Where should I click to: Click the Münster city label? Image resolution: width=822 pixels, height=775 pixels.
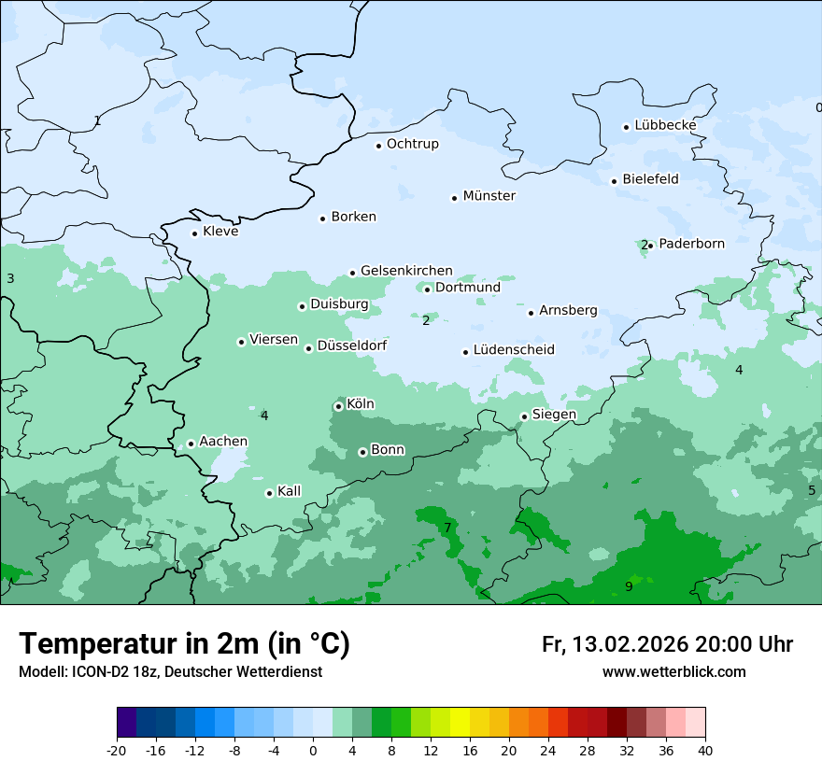tap(489, 196)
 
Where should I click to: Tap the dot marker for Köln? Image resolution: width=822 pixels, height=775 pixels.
tap(338, 406)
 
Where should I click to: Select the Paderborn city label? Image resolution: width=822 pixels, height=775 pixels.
tap(691, 244)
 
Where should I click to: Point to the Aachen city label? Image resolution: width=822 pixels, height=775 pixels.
tap(223, 442)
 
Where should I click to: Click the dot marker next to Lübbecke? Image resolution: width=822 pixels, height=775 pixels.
tap(627, 127)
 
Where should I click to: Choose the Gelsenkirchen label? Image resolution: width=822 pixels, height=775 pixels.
tap(406, 271)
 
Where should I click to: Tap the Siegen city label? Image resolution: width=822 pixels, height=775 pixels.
tap(554, 415)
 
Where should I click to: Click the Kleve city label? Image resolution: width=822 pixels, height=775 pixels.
tap(220, 232)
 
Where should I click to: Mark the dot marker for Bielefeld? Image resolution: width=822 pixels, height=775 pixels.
tap(615, 181)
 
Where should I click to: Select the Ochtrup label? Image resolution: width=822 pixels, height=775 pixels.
tap(412, 144)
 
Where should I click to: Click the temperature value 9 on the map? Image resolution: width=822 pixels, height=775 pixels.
tap(629, 586)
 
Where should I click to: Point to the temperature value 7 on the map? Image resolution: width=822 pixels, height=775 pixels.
tap(447, 528)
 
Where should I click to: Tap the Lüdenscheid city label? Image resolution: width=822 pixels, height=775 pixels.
tap(514, 350)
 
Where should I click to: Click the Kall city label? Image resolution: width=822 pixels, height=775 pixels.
tap(290, 491)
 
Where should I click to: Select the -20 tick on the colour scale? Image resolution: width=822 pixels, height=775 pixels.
tap(117, 750)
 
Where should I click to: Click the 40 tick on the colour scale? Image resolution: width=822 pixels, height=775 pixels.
tap(705, 750)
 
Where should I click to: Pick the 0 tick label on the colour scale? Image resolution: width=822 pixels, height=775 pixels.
tap(313, 750)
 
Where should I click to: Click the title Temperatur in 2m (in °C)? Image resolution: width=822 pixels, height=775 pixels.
tap(184, 644)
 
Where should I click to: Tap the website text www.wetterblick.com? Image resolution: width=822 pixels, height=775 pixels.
tap(673, 672)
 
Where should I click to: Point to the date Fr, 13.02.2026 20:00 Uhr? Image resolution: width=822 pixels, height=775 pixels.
tap(667, 644)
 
